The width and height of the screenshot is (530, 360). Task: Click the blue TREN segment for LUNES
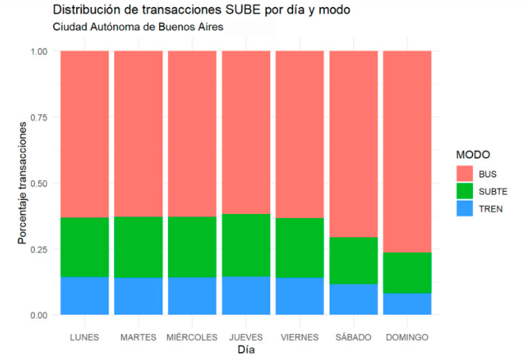pos(84,296)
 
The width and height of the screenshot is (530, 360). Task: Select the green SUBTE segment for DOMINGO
pos(407,273)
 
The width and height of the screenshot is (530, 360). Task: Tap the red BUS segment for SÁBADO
pos(353,144)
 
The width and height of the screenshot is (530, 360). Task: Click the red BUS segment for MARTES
pos(138,133)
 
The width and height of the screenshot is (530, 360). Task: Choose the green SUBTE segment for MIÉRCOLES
pos(192,247)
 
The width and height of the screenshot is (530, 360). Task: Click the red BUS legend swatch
pos(464,172)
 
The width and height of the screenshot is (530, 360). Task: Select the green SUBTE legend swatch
pos(464,191)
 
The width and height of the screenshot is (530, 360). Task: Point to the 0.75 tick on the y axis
pos(38,117)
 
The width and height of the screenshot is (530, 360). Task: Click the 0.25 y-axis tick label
pos(38,250)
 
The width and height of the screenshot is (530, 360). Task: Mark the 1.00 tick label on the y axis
pos(38,52)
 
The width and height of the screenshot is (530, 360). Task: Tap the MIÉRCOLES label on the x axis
pos(192,337)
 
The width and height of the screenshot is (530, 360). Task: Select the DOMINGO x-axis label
pos(407,337)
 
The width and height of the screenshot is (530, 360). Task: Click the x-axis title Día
pos(246,350)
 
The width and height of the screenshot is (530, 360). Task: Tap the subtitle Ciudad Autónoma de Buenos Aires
pos(138,27)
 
